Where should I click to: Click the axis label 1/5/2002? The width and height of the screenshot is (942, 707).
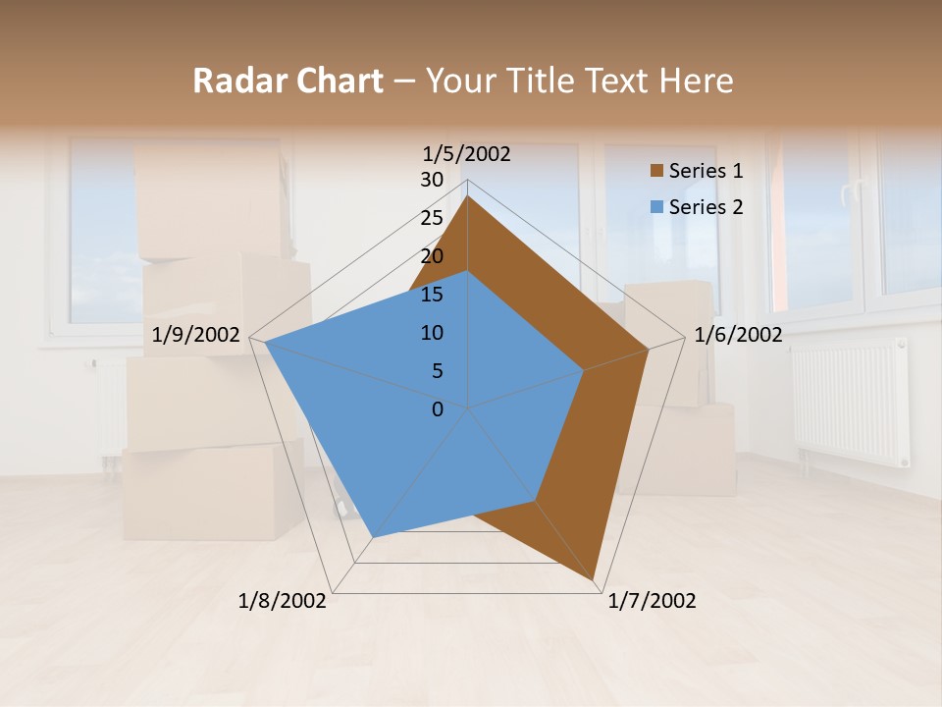(466, 154)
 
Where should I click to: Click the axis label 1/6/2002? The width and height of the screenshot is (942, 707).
(738, 335)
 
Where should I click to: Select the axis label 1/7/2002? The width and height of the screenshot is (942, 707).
(652, 601)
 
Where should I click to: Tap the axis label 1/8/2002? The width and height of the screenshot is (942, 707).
(283, 601)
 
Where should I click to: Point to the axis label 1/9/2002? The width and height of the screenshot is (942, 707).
(196, 335)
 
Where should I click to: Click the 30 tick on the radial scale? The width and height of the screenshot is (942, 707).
(432, 180)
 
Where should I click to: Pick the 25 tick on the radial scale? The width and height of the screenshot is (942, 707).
(432, 218)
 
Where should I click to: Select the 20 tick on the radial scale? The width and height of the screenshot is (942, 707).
(432, 256)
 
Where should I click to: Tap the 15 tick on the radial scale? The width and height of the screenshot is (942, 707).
(432, 295)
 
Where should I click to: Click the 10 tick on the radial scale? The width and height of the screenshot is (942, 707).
(432, 333)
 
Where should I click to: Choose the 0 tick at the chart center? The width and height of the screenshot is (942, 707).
(438, 409)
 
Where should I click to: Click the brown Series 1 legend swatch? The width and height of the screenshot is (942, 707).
(656, 171)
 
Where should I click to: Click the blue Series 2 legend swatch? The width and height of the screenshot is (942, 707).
(656, 207)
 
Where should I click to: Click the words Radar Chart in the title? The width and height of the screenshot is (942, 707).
(287, 82)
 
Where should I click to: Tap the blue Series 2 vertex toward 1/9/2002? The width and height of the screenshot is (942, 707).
(265, 343)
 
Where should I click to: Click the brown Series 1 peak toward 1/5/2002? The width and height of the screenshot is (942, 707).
(468, 197)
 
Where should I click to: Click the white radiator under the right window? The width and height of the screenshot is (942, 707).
(850, 402)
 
